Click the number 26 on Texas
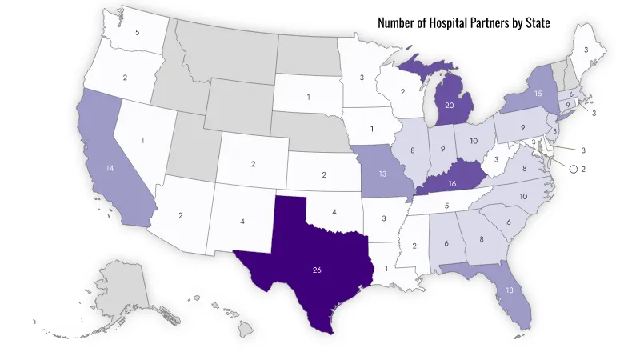(317, 270)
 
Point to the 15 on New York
(538, 94)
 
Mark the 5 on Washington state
(138, 33)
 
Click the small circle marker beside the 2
(573, 169)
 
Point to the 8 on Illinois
(412, 150)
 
